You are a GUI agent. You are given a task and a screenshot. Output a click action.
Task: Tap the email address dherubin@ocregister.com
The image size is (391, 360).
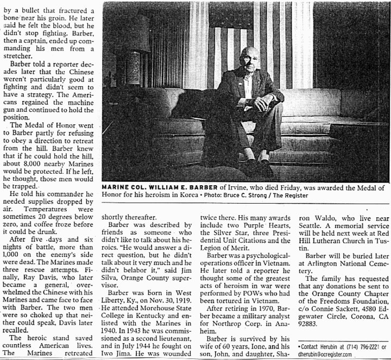tap(326, 354)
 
